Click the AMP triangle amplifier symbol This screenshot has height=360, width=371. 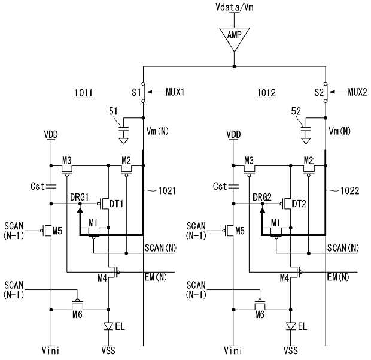pyautogui.click(x=234, y=38)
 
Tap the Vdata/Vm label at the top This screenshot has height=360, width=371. pyautogui.click(x=234, y=7)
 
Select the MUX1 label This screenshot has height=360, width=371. pyautogui.click(x=175, y=92)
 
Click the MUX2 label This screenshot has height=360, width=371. pyautogui.click(x=357, y=92)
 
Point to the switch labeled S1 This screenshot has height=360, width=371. pyautogui.click(x=143, y=92)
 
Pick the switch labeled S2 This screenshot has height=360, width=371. pyautogui.click(x=326, y=92)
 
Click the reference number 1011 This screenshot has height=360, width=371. pyautogui.click(x=84, y=93)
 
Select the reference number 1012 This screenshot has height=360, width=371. pyautogui.click(x=266, y=93)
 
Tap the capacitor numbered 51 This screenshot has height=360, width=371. pyautogui.click(x=123, y=129)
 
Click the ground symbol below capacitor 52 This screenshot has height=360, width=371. pyautogui.click(x=306, y=141)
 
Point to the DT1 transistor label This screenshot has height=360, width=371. pyautogui.click(x=117, y=204)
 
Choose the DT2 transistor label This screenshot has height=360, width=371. pyautogui.click(x=299, y=204)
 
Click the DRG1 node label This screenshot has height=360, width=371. pyautogui.click(x=79, y=197)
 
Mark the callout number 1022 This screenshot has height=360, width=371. pyautogui.click(x=349, y=190)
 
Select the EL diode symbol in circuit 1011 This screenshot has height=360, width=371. pyautogui.click(x=108, y=326)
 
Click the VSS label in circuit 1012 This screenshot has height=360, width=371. pyautogui.click(x=291, y=350)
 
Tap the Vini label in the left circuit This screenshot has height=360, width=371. pyautogui.click(x=51, y=350)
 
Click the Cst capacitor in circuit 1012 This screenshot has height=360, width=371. pyautogui.click(x=233, y=186)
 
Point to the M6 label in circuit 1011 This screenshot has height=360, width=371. pyautogui.click(x=77, y=314)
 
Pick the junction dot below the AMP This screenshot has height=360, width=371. pyautogui.click(x=234, y=66)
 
